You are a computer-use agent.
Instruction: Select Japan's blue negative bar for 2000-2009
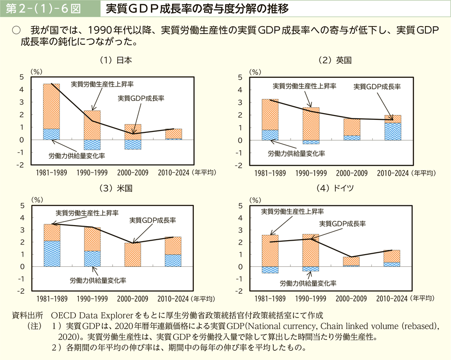(132, 144)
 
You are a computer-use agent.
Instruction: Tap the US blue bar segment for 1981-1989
(52, 254)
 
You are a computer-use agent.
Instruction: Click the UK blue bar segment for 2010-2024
(393, 131)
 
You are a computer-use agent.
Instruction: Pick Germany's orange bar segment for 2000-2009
(351, 261)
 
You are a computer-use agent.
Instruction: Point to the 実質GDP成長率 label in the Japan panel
(141, 98)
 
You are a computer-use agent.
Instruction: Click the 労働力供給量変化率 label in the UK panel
(296, 154)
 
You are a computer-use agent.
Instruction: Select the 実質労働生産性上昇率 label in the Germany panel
(292, 211)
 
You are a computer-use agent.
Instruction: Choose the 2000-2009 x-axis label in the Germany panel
(351, 299)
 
